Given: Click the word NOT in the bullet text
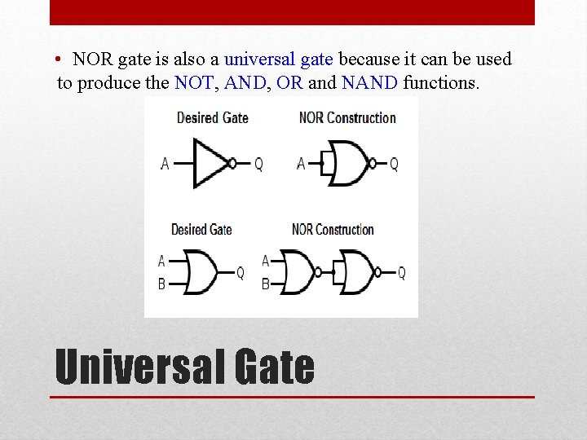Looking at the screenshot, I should point(192,82).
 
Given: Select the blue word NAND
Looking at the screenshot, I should point(370,82).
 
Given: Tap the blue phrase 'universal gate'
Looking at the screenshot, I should point(279,59).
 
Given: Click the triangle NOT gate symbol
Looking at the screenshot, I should point(210,163).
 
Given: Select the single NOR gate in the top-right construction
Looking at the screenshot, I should point(346,163).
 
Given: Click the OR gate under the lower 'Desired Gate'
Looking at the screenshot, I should point(201,272).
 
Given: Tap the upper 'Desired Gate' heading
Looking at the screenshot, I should point(212,118).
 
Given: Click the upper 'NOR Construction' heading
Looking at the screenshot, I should point(347,118).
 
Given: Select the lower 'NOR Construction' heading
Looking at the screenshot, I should point(333,230).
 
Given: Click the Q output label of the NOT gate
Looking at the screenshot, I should point(258,164).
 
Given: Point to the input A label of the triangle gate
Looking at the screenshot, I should point(165,164).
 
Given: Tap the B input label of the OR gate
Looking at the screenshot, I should point(161,284).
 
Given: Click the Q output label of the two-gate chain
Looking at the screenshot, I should point(401,273).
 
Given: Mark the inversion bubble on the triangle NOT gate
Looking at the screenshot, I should point(233,163).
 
